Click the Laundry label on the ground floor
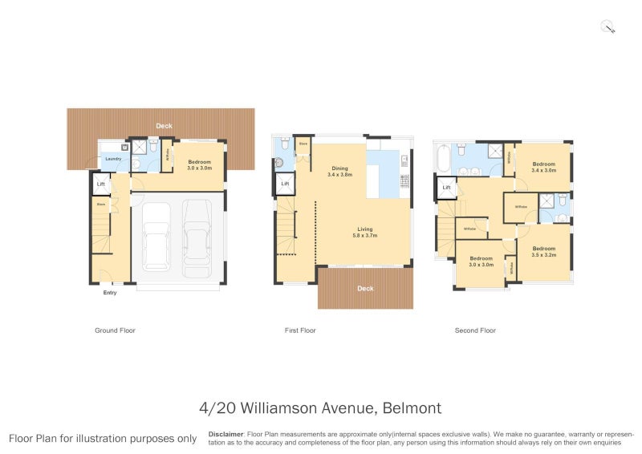[113, 159]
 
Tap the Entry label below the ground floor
[110, 293]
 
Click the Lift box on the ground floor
[100, 185]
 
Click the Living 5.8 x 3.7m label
[365, 233]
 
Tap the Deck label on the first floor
[365, 288]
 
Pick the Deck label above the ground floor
[164, 126]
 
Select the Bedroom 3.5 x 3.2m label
[543, 252]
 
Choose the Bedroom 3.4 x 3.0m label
[543, 167]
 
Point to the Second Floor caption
[475, 330]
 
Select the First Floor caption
[301, 330]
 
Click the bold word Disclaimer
[226, 433]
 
